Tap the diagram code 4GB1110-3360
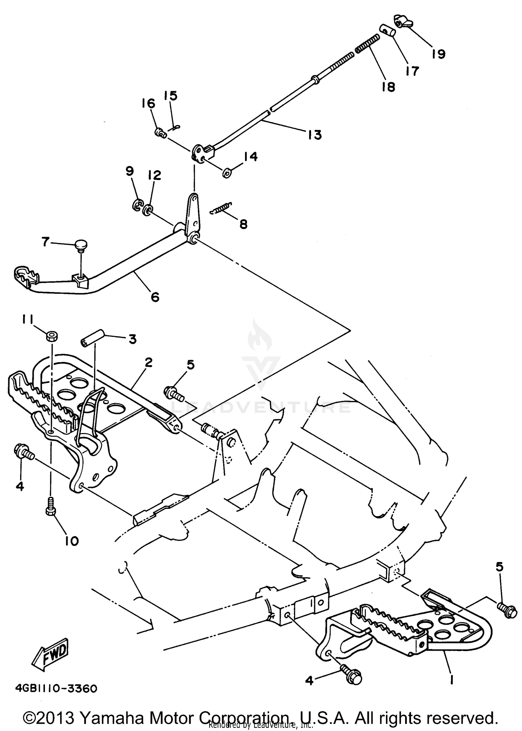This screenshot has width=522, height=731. click(x=56, y=689)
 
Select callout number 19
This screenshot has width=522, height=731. click(x=438, y=54)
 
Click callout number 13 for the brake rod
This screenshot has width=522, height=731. click(x=315, y=135)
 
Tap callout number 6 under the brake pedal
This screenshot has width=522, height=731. click(x=155, y=297)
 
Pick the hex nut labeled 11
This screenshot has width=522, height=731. click(x=52, y=336)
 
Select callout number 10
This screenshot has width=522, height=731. click(x=72, y=541)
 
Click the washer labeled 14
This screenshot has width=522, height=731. click(x=227, y=173)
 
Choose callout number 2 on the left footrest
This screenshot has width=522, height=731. click(x=149, y=363)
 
